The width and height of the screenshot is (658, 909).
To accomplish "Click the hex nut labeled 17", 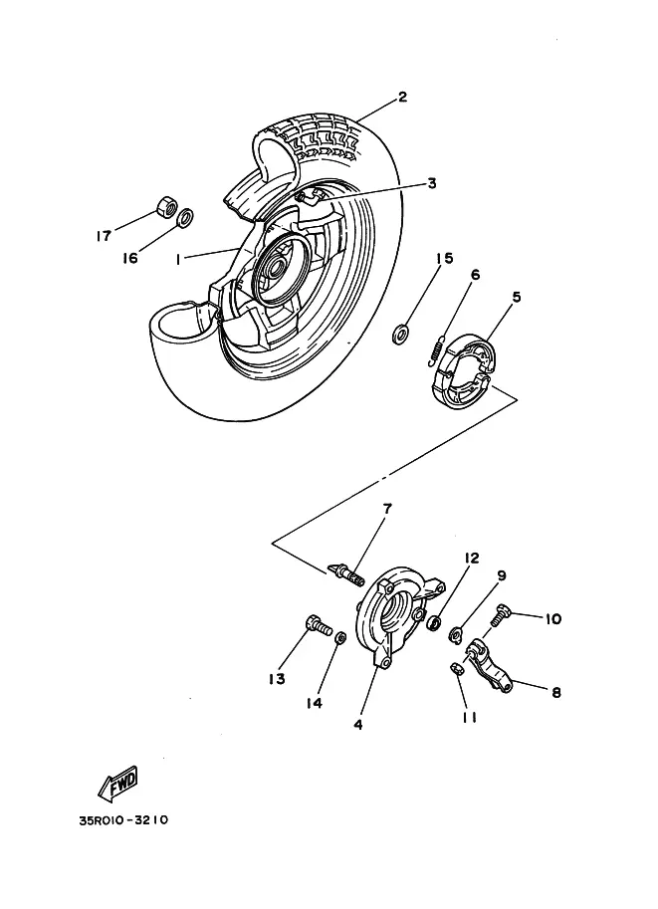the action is (166, 206).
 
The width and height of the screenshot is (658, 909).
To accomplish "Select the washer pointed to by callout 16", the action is (184, 217).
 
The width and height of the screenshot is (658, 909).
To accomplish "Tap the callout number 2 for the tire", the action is (402, 97).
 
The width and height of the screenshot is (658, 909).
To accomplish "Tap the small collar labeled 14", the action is (340, 637).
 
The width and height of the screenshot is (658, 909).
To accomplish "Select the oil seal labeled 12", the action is (432, 624).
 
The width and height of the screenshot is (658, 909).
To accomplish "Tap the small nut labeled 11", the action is (456, 668).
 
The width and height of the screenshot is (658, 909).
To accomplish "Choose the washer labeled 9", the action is (455, 635).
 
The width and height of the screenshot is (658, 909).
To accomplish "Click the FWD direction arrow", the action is (118, 784).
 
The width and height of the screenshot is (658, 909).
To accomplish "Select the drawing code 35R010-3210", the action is (123, 819).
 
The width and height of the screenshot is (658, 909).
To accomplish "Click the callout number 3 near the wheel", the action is (431, 184).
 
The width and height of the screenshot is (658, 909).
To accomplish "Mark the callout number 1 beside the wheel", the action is (178, 259).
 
